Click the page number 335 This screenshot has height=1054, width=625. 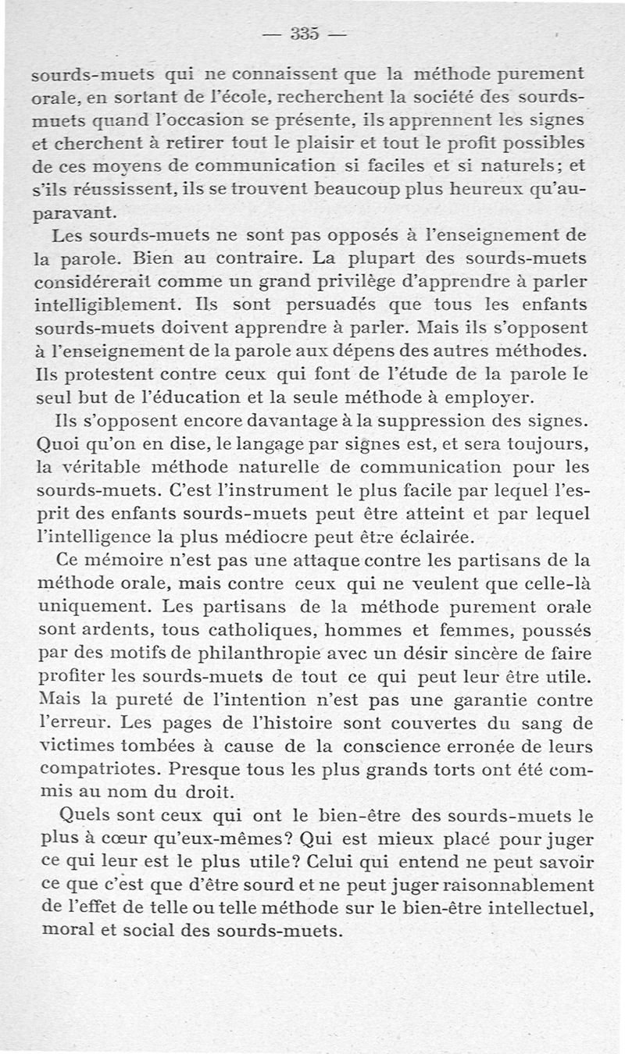coord(304,34)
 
